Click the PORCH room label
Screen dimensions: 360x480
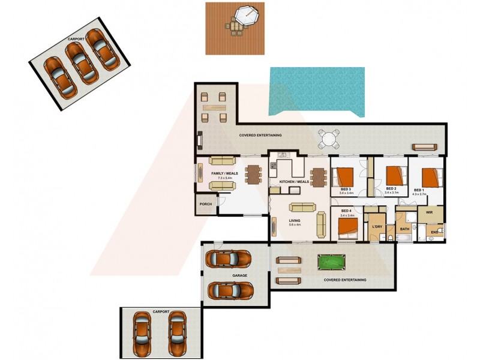point(205,203)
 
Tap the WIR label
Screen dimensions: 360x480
point(429,212)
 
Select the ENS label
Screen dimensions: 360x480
point(434,232)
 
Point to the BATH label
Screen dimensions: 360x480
point(404,229)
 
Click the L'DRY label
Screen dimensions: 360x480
point(377,226)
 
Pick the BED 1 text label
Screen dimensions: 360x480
point(419,190)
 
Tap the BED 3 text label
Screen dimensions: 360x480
point(346,189)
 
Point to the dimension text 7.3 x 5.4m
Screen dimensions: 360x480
point(224,178)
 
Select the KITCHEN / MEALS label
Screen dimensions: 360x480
point(294,182)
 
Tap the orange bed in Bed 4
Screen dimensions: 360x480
point(347,226)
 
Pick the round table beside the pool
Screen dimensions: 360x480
point(328,140)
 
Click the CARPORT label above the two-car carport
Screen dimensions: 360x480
point(161,312)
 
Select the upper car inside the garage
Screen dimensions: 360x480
point(228,259)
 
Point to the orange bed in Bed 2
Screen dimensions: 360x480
point(393,175)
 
